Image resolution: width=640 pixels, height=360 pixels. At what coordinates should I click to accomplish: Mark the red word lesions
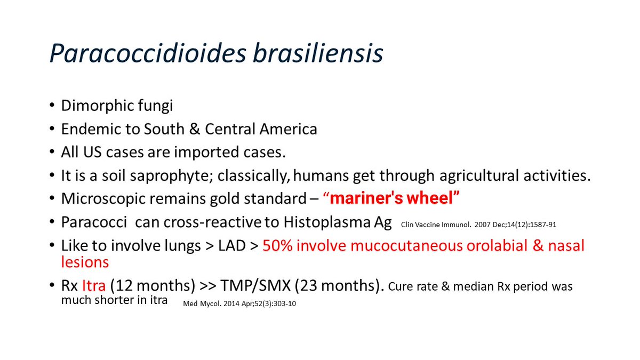85,262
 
